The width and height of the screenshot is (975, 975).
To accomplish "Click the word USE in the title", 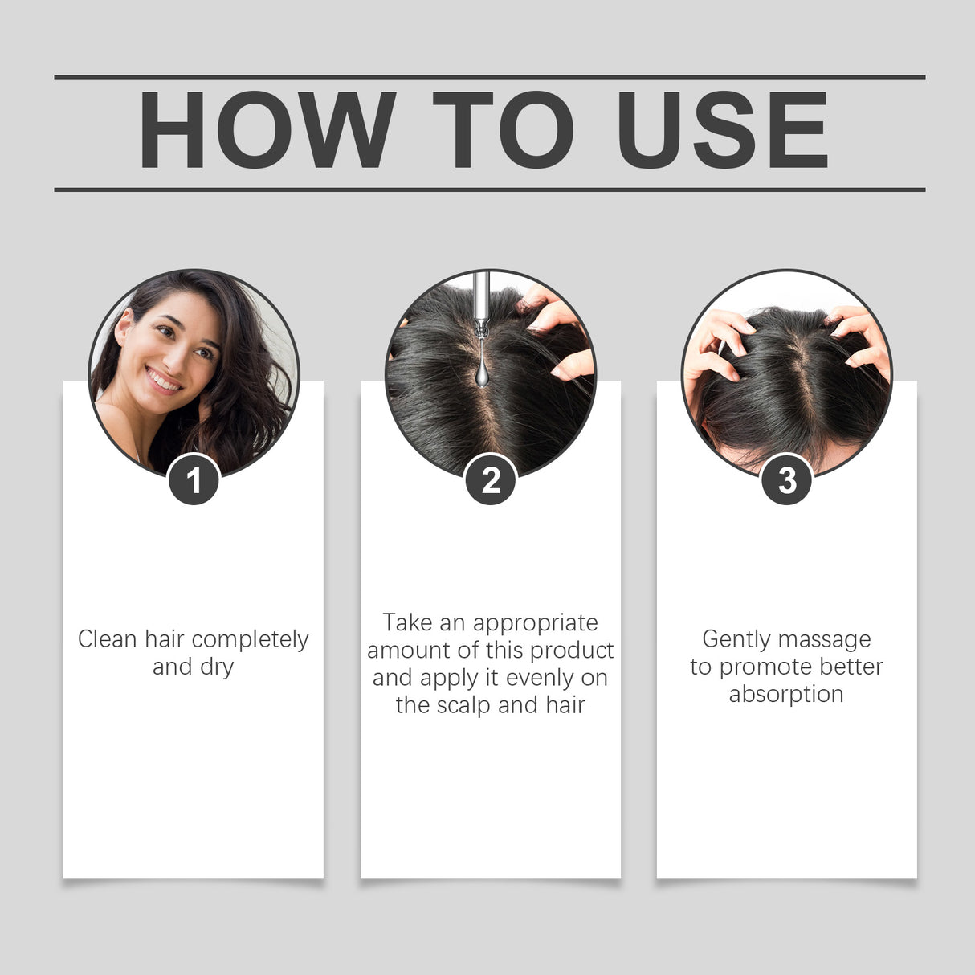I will [x=722, y=130].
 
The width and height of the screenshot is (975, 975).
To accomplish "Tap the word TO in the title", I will [x=504, y=130].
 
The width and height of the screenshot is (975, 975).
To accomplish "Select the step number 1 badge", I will [x=194, y=480].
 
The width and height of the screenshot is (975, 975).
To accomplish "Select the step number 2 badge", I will [x=490, y=480].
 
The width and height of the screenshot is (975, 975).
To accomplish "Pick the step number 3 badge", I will [x=786, y=480].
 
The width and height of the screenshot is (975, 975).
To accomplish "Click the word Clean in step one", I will [x=108, y=639].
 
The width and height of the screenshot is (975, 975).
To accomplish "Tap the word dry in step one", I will [x=217, y=667].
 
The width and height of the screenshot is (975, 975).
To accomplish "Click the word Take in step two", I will [x=407, y=622].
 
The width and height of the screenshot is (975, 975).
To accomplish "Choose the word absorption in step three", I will [x=786, y=694].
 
